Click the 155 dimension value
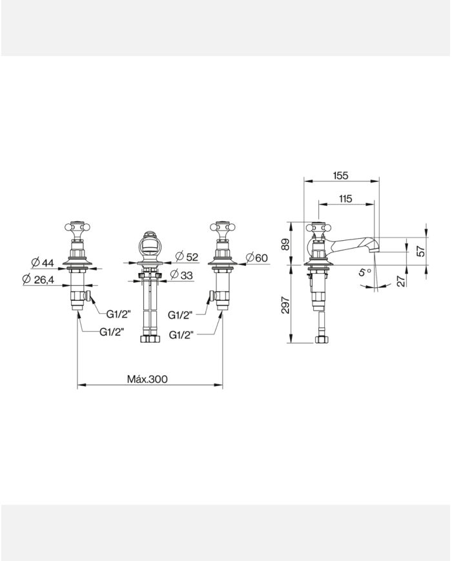(340, 176)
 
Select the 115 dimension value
(345, 198)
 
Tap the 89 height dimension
(285, 245)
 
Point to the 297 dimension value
(285, 305)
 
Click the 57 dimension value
(421, 251)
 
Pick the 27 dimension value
(402, 281)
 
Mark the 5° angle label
(365, 272)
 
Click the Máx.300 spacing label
(147, 379)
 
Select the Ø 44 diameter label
(42, 263)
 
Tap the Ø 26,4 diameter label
(38, 280)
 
